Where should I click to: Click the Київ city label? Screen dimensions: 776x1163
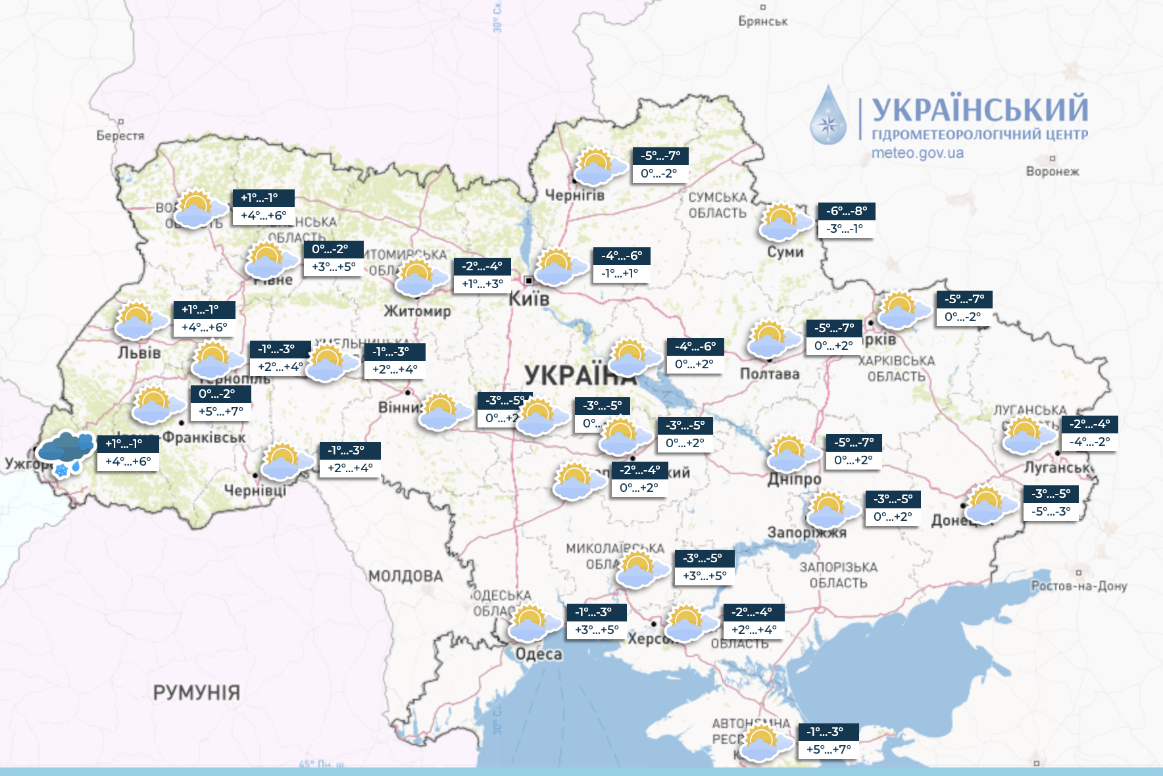(529, 299)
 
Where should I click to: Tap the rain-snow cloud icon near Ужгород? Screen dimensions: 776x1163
(64, 452)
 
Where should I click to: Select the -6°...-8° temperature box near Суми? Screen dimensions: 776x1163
(846, 211)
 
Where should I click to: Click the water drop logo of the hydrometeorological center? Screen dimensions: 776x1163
(828, 116)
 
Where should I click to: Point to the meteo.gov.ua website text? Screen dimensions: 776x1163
(917, 153)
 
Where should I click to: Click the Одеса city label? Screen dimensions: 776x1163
(539, 654)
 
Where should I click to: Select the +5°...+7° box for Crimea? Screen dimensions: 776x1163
(828, 750)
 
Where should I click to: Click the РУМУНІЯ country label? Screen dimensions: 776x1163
(196, 692)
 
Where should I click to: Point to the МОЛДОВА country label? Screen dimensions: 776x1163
(405, 576)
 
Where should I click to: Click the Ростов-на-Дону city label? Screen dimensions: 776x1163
(1078, 585)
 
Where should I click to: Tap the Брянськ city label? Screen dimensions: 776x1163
(762, 21)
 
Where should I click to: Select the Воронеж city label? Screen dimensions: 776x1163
(1052, 172)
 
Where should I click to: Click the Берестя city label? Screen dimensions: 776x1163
(120, 135)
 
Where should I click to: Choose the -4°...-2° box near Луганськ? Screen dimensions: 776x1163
(1089, 442)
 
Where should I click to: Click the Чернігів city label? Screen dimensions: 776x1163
(574, 195)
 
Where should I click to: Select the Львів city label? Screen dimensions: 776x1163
(139, 353)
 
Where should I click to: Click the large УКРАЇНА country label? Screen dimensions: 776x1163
(579, 376)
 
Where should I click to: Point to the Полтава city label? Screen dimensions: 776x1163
(769, 374)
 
